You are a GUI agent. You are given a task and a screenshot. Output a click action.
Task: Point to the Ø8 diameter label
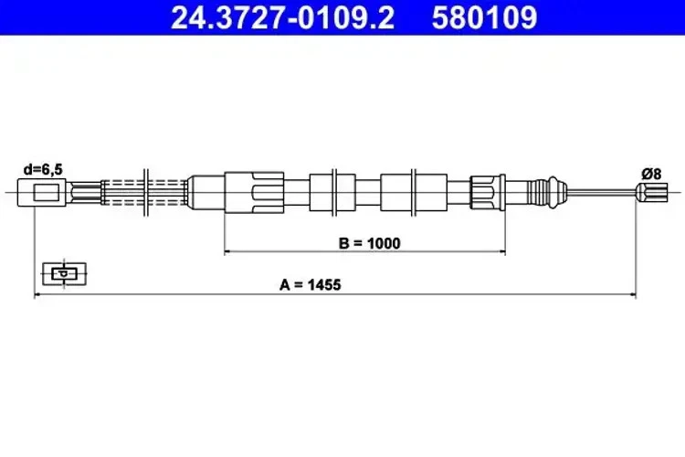coord(652,172)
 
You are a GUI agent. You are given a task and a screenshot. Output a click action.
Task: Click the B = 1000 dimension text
coord(364,243)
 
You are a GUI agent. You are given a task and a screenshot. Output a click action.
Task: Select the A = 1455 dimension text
coord(311,285)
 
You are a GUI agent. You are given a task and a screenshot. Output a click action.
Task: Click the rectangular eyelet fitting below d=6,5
coord(47,192)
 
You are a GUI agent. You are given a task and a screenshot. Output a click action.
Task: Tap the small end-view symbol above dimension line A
coord(64,272)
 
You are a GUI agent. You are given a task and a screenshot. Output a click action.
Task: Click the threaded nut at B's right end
coord(483,192)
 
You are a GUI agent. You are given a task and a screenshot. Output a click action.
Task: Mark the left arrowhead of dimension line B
coord(228,251)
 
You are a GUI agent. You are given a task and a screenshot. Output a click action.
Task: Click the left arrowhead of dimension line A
coord(38,295)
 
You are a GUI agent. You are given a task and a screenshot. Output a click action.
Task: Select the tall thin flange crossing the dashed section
coord(144,190)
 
